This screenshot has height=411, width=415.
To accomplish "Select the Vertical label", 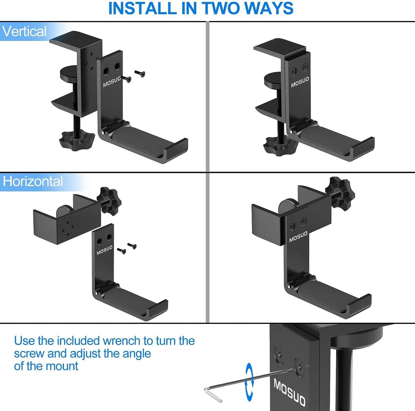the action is tap(24, 31).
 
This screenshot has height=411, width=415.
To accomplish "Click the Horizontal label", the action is tap(33, 181).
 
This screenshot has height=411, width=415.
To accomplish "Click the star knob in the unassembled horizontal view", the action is tap(109, 200).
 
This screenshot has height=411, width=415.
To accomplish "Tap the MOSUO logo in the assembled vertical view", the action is tap(300, 82).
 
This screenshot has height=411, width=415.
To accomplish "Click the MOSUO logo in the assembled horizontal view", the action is tap(298, 236).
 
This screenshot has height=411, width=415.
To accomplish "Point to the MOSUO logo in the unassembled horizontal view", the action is tap(104, 250).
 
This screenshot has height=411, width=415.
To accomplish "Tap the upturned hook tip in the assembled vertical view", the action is tap(363, 148).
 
